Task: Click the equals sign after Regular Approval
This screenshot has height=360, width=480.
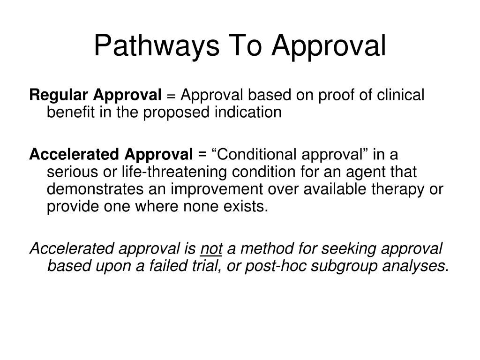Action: [x=171, y=96]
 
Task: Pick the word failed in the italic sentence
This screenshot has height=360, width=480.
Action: [x=187, y=265]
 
